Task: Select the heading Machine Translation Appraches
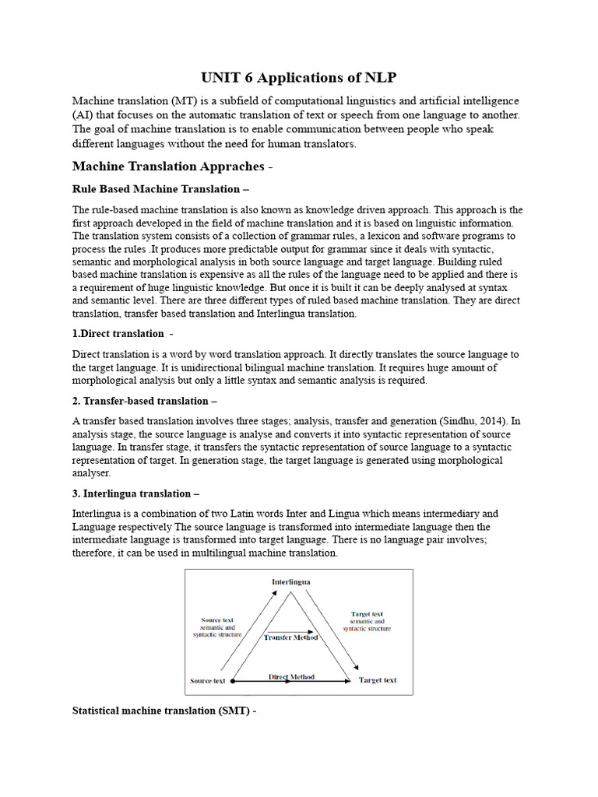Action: click(169, 167)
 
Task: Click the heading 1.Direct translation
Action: click(118, 333)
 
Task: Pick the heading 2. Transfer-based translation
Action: click(140, 401)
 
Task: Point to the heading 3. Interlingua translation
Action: click(131, 493)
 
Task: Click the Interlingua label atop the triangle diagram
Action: click(291, 581)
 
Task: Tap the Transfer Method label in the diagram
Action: click(291, 637)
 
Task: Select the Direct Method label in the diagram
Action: click(291, 677)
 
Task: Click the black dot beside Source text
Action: click(232, 681)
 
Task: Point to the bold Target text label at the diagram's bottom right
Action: click(378, 680)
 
